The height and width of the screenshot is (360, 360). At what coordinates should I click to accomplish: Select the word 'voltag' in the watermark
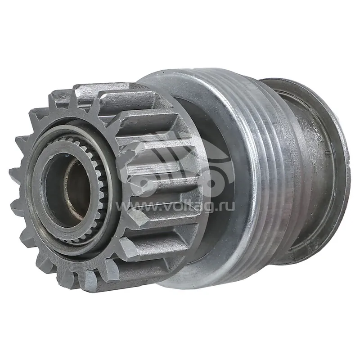point(188,206)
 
